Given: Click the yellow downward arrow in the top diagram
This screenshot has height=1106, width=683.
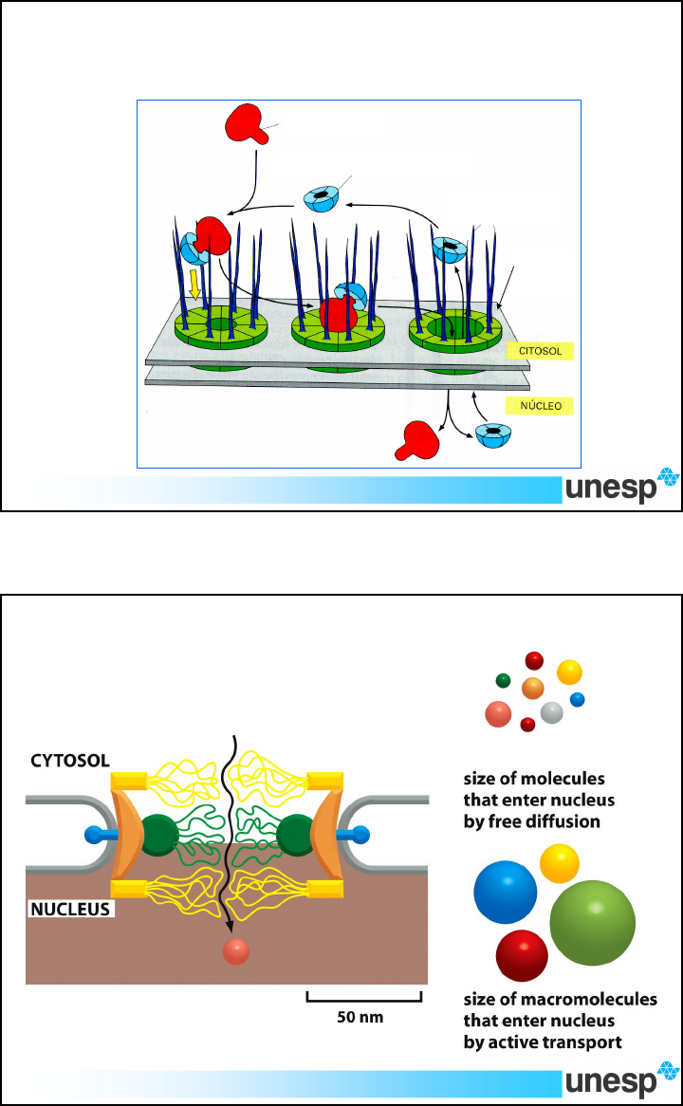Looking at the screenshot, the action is click(194, 285).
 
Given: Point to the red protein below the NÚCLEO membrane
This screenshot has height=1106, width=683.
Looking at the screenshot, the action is click(419, 440).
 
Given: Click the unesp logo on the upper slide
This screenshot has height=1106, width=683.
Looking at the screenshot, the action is click(621, 487).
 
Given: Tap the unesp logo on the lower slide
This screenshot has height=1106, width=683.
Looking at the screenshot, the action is click(621, 1079).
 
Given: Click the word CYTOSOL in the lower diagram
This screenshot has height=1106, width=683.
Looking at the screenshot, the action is click(69, 761).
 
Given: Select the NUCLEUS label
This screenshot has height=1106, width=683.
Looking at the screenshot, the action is click(70, 910).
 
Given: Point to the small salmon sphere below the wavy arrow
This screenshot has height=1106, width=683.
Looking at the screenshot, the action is click(235, 952).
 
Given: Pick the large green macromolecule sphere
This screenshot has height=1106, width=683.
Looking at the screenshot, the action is click(592, 924).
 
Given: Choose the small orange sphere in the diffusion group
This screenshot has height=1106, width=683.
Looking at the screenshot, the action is click(533, 688).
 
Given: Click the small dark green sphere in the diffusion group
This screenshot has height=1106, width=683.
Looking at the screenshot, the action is click(503, 681).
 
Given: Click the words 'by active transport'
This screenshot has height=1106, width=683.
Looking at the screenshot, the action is click(543, 1041).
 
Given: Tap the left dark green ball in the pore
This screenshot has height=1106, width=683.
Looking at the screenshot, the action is click(159, 835).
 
